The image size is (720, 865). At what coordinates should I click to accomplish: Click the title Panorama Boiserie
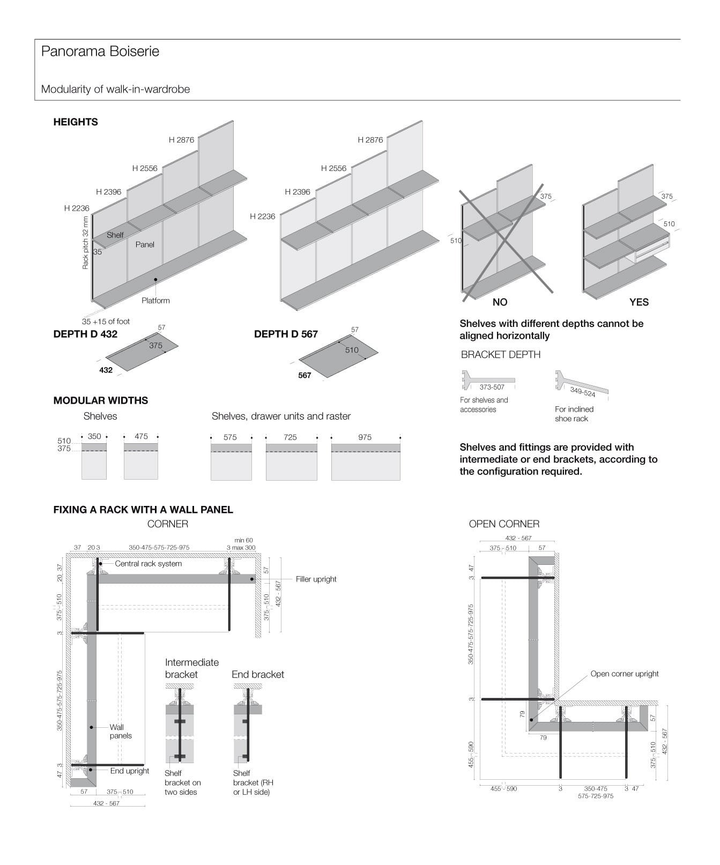click(100, 51)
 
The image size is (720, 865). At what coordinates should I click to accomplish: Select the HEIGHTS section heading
click(76, 122)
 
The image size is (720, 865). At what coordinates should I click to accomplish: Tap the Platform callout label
click(155, 301)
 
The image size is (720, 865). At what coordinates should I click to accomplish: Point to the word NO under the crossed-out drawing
click(500, 302)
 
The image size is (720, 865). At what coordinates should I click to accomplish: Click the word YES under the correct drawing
click(639, 302)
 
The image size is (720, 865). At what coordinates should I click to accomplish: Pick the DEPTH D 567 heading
click(286, 334)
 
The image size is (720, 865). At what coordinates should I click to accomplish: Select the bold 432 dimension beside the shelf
click(106, 370)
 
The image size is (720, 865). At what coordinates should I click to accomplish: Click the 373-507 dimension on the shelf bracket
click(492, 387)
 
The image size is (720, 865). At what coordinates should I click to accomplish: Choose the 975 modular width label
click(365, 437)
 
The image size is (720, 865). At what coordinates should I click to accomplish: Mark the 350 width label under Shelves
click(94, 436)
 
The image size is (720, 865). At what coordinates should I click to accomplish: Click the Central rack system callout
click(148, 564)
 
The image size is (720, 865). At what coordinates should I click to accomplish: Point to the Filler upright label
click(316, 579)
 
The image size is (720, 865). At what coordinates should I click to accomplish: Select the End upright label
click(129, 771)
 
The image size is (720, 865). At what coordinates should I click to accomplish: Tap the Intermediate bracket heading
click(191, 668)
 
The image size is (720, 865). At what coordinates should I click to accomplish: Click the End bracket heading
click(258, 674)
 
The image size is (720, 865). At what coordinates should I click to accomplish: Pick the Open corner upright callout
click(624, 674)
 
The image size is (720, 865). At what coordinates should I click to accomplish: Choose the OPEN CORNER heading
click(504, 524)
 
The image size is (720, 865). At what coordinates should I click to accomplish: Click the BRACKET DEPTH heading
click(500, 354)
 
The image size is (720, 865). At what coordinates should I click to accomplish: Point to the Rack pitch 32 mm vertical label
click(85, 242)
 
